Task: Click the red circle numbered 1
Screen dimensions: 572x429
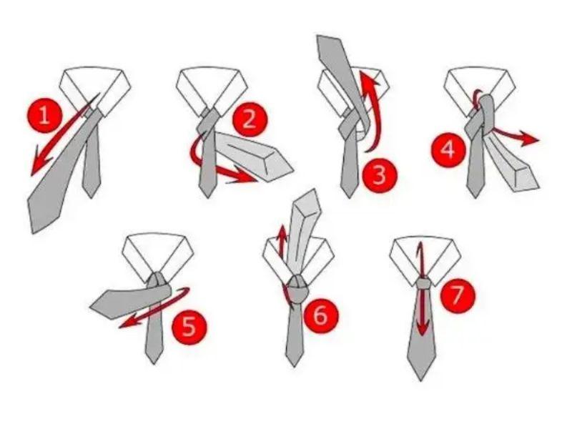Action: point(44,116)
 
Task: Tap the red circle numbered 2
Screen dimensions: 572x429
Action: point(250,119)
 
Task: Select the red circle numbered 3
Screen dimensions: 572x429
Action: point(380,174)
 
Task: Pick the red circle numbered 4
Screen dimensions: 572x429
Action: point(448,149)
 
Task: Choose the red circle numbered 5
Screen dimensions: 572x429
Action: point(189,327)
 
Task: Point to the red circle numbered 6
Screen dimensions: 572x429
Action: point(320,315)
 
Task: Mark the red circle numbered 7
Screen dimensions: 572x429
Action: point(458,295)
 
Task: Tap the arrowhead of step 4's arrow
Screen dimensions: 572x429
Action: point(528,139)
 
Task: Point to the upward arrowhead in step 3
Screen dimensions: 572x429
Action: point(368,79)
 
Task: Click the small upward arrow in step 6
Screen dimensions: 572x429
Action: point(282,241)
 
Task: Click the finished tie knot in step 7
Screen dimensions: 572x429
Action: point(423,284)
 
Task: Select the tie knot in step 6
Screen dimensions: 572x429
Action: point(297,289)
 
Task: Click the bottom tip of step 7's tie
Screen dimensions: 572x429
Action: point(420,380)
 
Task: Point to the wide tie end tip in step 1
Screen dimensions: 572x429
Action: point(34,232)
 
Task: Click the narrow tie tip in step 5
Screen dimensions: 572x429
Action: point(154,363)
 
